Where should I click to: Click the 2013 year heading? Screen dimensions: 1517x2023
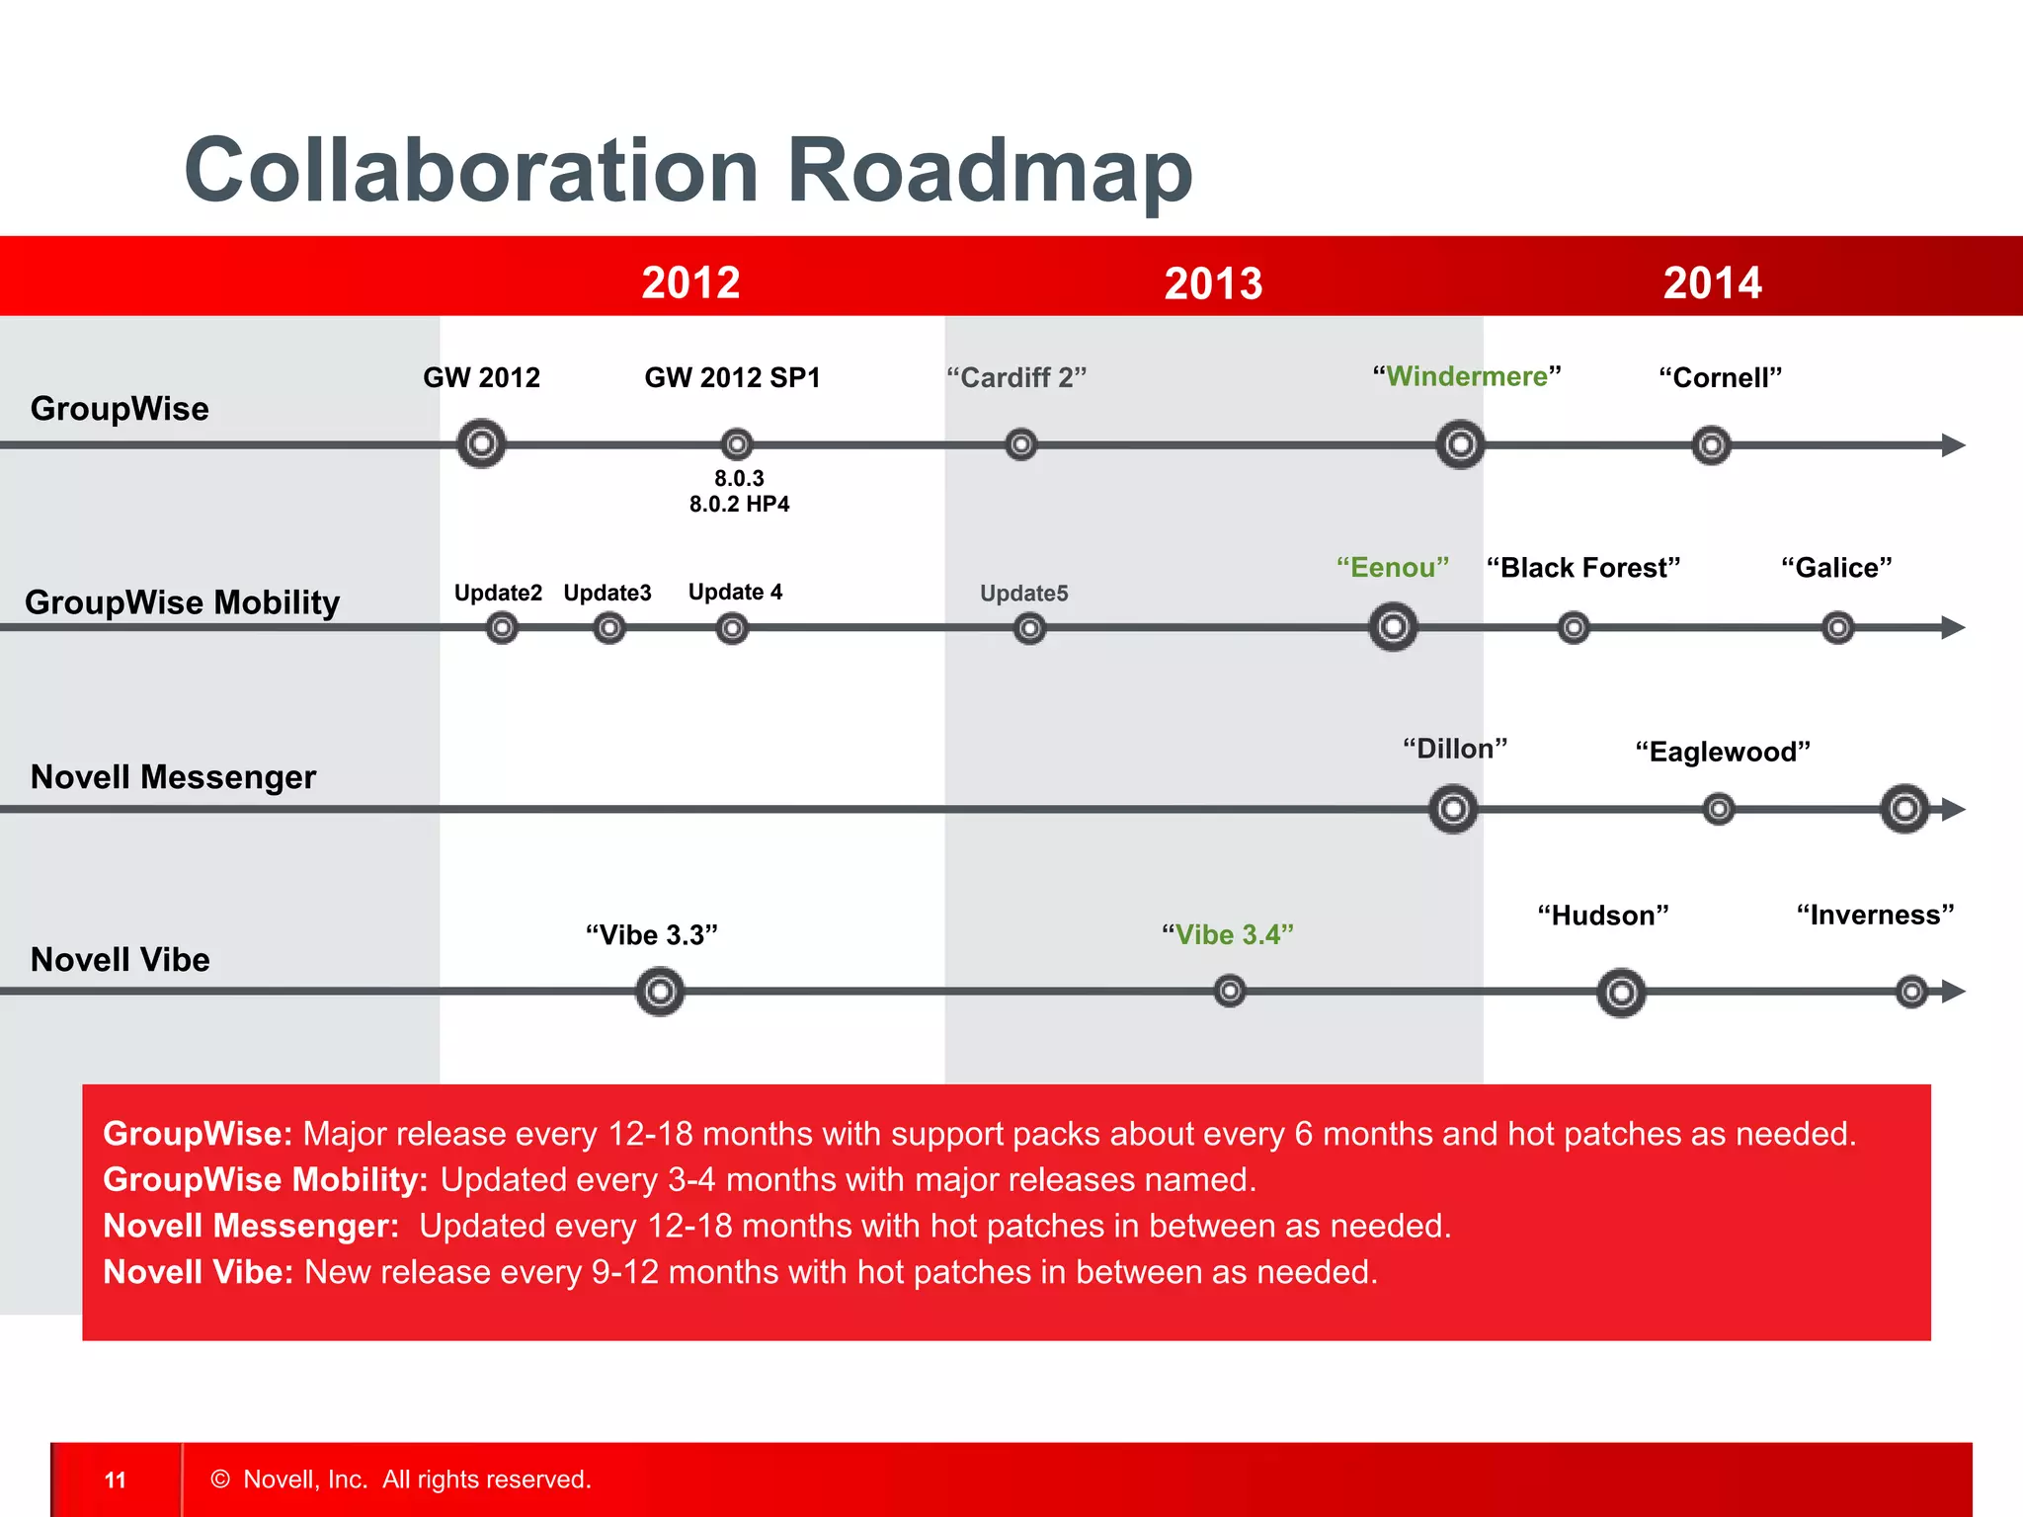point(1213,283)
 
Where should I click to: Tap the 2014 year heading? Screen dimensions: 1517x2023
point(1712,283)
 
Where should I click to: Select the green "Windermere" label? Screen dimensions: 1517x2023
point(1467,376)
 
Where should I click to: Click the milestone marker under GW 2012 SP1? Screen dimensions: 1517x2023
point(737,444)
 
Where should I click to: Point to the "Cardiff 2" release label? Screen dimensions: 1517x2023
point(1016,377)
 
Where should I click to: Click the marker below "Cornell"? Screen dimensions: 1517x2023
point(1711,445)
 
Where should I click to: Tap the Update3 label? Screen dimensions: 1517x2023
point(607,593)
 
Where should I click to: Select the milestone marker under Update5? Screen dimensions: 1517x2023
point(1029,628)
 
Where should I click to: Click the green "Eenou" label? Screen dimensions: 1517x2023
point(1393,568)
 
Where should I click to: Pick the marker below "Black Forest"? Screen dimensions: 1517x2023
point(1574,627)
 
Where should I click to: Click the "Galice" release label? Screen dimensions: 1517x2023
point(1836,568)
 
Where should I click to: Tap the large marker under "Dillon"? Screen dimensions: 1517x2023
point(1453,810)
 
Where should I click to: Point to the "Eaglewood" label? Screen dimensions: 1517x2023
point(1723,753)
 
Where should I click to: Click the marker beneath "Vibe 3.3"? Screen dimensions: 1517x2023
point(660,992)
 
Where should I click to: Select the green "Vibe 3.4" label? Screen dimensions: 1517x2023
point(1228,934)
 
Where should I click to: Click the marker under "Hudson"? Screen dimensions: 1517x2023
point(1621,993)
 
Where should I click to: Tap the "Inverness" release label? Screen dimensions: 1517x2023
point(1875,916)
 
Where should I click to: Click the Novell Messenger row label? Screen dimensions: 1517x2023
point(173,777)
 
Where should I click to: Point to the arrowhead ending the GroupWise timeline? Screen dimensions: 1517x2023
point(1953,445)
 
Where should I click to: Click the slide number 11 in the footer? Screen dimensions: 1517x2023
point(116,1479)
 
